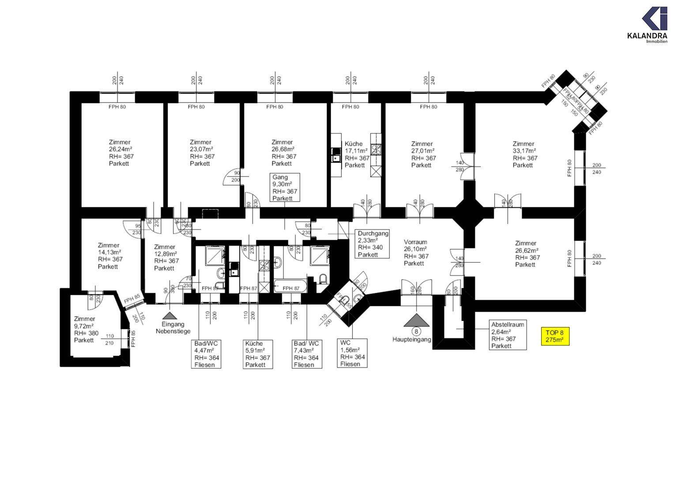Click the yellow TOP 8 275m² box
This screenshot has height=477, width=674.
point(555,337)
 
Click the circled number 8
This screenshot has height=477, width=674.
point(415,331)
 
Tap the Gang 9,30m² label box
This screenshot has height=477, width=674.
point(285,188)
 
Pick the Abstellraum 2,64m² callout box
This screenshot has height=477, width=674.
point(508,335)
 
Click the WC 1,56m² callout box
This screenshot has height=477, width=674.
point(352,353)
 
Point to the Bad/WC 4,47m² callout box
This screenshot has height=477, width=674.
point(207,354)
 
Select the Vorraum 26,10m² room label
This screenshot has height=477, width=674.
point(416,253)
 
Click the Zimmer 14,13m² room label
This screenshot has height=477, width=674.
point(110,256)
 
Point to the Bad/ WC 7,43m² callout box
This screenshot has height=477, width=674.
point(306,354)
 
